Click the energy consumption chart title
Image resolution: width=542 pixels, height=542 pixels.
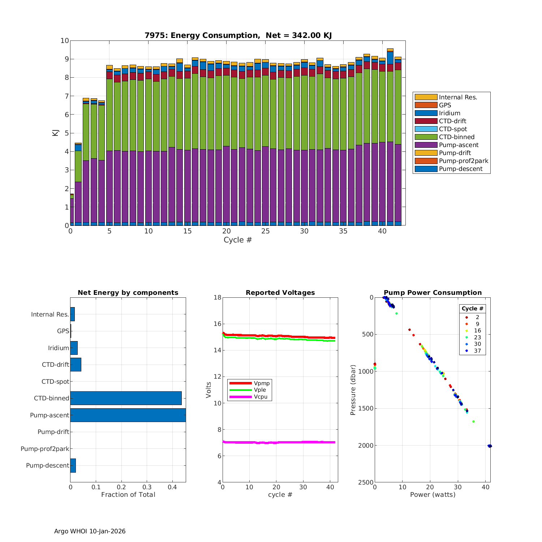coord(238,35)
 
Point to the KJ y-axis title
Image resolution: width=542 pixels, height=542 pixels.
coord(55,133)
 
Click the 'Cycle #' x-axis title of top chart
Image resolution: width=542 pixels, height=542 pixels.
coord(237,240)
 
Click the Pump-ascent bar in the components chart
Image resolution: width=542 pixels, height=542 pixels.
coord(128,415)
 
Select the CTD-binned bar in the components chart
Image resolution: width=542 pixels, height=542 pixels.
coord(126,398)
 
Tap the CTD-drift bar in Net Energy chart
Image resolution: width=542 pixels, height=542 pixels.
coord(76,365)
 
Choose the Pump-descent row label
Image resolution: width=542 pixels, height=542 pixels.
coord(47,465)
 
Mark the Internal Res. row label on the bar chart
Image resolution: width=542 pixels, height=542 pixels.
coord(50,314)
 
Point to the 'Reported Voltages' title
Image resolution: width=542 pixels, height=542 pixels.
coord(280,293)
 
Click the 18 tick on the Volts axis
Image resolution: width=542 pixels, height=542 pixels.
coord(217,297)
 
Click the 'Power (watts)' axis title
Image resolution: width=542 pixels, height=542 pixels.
coord(433,495)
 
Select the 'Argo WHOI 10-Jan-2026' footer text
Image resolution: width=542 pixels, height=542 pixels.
coord(90,531)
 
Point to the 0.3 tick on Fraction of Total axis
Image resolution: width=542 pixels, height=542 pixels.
coord(147,487)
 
